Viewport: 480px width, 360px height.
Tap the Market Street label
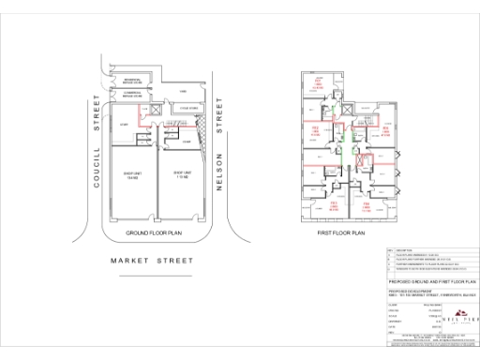pos(152,260)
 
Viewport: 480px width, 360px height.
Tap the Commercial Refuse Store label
pos(130,96)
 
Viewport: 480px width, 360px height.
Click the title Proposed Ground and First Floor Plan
pos(431,280)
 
